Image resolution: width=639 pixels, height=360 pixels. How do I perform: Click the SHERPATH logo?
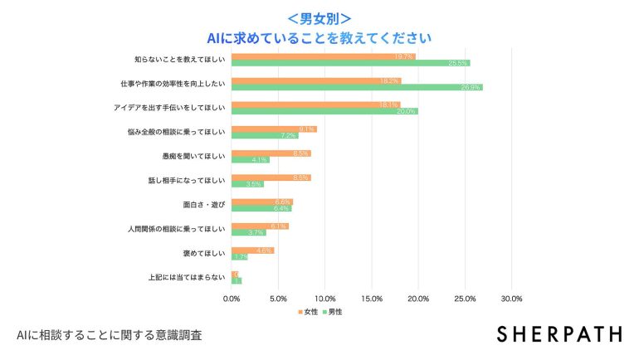tap(559, 334)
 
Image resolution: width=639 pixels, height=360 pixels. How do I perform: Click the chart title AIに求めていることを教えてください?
tap(319, 38)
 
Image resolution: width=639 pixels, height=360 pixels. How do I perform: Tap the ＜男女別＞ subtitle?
tap(319, 17)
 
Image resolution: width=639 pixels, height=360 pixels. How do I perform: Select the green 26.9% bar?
tap(357, 87)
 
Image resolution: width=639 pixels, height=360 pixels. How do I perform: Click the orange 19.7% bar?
tap(323, 56)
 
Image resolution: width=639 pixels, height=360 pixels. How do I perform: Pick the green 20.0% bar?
tap(324, 111)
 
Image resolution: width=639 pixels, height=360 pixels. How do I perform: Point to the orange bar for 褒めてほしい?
tap(252, 250)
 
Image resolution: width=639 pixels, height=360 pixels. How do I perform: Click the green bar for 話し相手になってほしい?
tap(247, 184)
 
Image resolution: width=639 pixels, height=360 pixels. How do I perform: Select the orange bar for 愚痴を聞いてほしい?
tap(271, 153)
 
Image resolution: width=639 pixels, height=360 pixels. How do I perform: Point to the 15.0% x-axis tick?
tap(372, 298)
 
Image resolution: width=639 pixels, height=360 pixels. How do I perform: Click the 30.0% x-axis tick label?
tap(511, 298)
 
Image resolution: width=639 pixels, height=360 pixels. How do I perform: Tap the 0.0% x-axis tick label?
tap(232, 298)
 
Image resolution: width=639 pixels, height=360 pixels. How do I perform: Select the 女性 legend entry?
tap(308, 312)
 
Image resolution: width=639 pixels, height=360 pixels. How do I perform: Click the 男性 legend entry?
tap(331, 312)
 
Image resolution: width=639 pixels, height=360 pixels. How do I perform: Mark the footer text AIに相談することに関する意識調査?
tap(109, 336)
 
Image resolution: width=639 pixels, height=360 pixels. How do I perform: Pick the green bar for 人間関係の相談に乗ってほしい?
tap(248, 232)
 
